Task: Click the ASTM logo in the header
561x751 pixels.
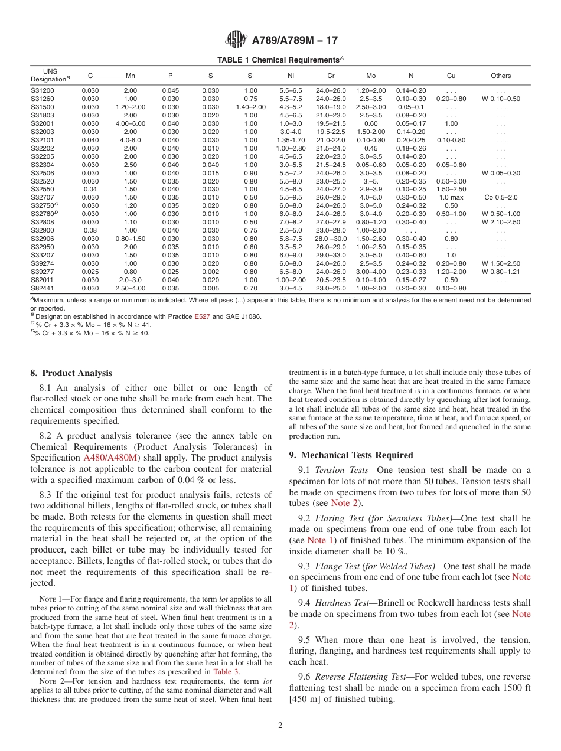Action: pos(236,40)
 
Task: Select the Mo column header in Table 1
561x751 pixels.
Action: pos(370,76)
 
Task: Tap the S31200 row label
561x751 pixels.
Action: pos(42,91)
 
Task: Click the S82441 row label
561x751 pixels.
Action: pos(42,288)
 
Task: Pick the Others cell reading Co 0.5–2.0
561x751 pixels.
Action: pos(501,197)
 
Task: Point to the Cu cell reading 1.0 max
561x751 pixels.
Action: pos(451,197)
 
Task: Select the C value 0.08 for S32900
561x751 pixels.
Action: pos(90,230)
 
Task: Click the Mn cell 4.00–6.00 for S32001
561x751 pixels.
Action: pos(131,123)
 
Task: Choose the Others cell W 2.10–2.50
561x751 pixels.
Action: pos(501,222)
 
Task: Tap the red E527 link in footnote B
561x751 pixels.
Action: pos(202,316)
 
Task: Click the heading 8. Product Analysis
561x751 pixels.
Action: pos(71,373)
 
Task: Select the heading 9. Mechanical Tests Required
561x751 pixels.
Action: pos(351,455)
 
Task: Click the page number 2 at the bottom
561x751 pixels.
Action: pos(280,726)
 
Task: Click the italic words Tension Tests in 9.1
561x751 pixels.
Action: pos(337,470)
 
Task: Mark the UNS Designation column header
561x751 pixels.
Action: pos(50,75)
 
